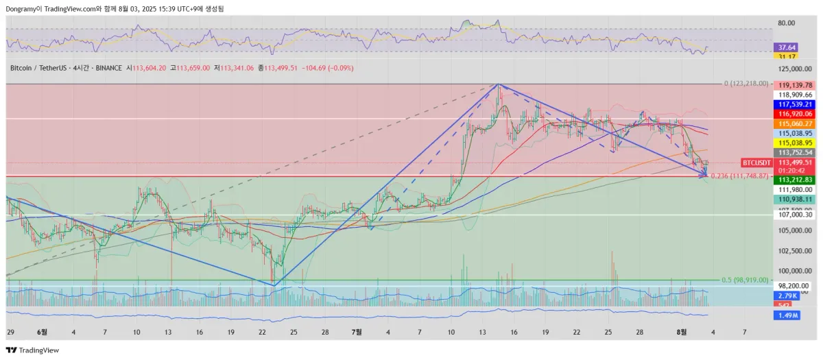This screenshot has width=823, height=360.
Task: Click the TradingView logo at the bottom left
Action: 32,350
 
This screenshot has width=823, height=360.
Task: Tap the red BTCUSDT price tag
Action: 756,163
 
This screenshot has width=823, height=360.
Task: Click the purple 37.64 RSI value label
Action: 787,47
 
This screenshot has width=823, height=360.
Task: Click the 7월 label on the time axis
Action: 357,331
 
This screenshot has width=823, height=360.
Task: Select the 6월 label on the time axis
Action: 42,331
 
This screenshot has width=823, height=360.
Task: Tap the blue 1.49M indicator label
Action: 786,315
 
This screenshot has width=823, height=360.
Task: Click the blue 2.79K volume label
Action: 786,296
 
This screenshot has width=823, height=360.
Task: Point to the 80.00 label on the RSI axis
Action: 787,23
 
